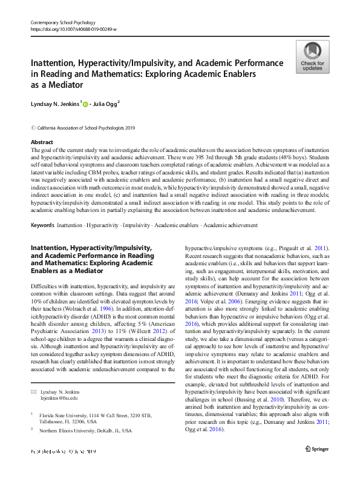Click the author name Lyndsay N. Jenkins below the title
(x=54, y=105)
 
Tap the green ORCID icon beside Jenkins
(x=86, y=105)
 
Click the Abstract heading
(x=42, y=141)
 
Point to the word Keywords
(x=42, y=225)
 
